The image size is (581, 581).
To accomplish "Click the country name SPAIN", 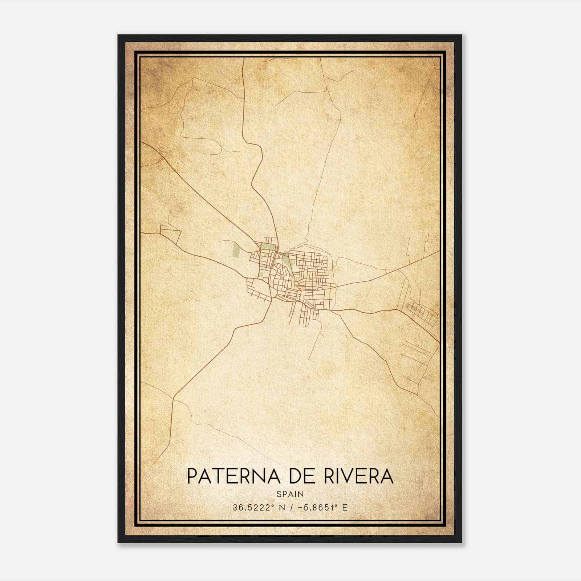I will click(290, 494).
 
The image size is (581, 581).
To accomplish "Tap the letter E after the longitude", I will click(345, 508).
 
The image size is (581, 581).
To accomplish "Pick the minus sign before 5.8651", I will click(300, 508).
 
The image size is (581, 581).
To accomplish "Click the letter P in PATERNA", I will click(192, 476).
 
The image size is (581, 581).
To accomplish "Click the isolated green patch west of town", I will click(236, 251).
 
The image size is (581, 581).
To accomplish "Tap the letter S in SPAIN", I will click(279, 494).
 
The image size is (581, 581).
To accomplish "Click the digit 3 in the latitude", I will click(235, 508).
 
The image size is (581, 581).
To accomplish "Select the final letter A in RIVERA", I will click(387, 476).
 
